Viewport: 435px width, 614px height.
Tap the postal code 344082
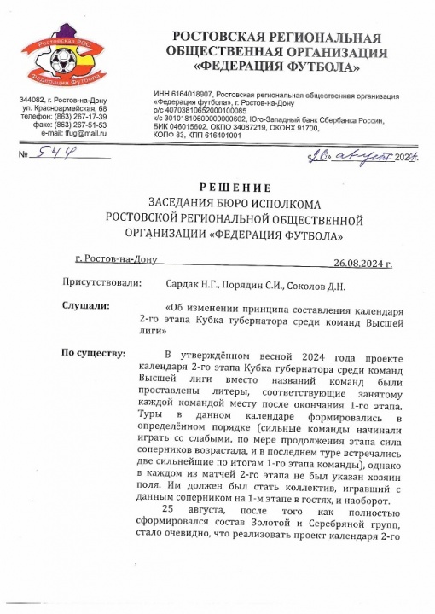click(x=35, y=101)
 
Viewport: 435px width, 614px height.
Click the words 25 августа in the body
click(x=194, y=511)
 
